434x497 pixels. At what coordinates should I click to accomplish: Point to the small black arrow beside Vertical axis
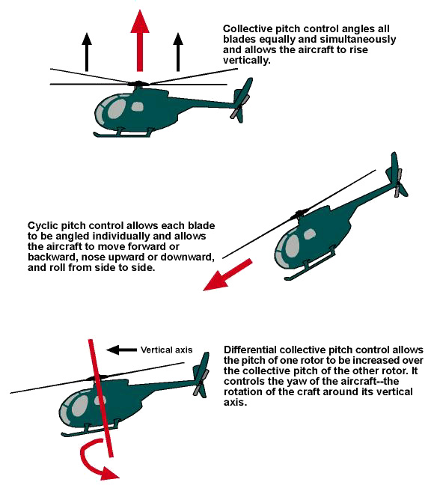click(x=123, y=349)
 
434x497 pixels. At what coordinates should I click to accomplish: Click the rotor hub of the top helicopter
click(x=138, y=83)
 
